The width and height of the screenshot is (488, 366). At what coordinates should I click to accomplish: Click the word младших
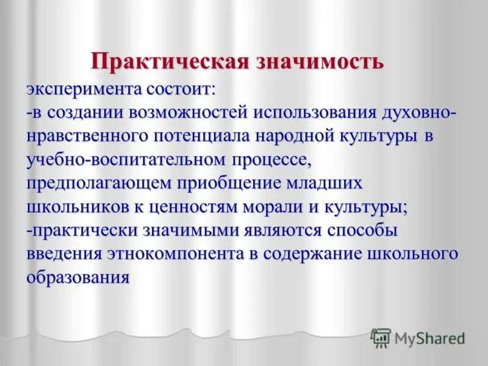pyautogui.click(x=328, y=184)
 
